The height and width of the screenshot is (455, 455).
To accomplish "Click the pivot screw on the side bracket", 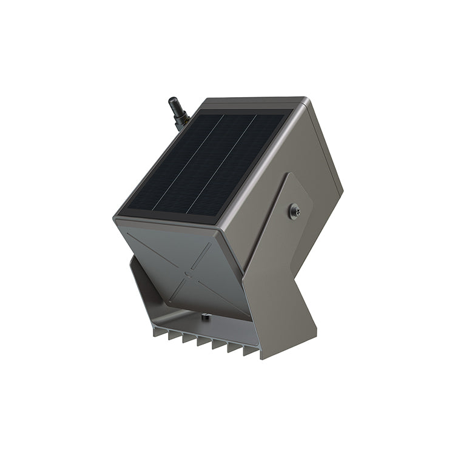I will click(295, 211).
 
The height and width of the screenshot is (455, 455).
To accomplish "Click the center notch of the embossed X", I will click(188, 274).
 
